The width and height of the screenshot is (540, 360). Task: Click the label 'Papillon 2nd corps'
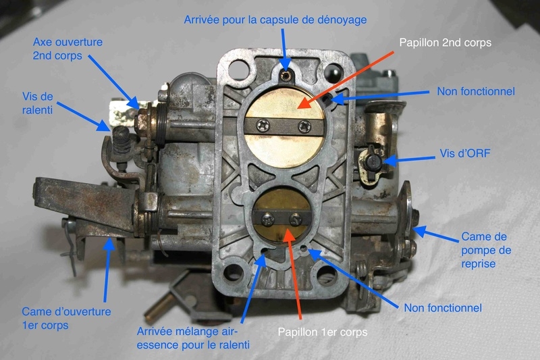tap(445, 43)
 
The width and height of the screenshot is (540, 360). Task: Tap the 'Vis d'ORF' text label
tap(464, 153)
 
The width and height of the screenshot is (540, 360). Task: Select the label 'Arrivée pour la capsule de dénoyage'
tap(275, 20)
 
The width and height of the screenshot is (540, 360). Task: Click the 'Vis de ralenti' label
tap(38, 103)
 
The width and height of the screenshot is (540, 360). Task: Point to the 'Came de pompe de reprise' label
tap(486, 250)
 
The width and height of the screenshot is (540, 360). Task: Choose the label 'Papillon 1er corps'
tap(323, 332)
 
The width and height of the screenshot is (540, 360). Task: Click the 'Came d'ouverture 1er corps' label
tap(66, 318)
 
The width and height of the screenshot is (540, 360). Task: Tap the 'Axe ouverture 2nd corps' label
tap(67, 49)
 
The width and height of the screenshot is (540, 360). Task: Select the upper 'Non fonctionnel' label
tap(476, 91)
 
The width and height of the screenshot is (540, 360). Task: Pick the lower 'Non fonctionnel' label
tap(443, 307)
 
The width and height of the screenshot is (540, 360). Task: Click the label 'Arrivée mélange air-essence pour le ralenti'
tap(193, 338)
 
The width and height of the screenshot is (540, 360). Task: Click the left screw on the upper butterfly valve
tap(264, 126)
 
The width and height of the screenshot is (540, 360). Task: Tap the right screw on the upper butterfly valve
tap(304, 126)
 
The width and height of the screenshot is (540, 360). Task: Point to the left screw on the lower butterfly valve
tap(268, 219)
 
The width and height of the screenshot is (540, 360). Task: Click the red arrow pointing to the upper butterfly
tap(346, 80)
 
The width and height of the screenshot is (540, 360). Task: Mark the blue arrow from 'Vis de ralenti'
tap(84, 116)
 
